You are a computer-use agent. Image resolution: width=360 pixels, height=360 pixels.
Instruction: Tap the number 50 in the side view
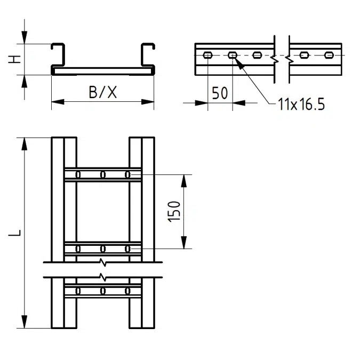pos(220,93)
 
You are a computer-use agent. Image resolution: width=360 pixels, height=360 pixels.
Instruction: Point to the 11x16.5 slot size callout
pos(301,104)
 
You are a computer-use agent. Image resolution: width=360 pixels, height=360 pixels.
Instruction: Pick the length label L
pos(17,233)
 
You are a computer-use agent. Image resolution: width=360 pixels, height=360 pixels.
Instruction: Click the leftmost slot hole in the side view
pos(207,54)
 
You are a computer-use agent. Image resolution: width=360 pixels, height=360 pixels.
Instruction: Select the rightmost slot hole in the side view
pos(329,54)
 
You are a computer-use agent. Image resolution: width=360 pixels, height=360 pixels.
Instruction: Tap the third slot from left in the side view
pos(258,54)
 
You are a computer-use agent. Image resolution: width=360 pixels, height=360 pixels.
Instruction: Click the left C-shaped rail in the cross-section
pos(57,57)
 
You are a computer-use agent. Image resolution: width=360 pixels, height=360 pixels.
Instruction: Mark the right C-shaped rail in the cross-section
pos(148,57)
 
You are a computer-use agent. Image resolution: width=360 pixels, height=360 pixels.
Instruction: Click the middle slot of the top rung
pos(103,174)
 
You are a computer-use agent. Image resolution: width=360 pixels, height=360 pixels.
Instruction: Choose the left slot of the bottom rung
pos(78,291)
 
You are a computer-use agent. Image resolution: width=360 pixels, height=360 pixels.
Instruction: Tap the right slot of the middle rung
pos(127,249)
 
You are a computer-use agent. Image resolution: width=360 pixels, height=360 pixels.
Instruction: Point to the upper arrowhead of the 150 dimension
pos(185,179)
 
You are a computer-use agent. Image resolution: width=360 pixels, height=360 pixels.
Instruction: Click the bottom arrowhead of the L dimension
pos(25,322)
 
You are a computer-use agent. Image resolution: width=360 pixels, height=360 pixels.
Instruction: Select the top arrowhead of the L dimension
pos(25,143)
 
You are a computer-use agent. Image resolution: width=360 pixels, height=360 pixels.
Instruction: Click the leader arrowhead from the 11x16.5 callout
pos(238,63)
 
